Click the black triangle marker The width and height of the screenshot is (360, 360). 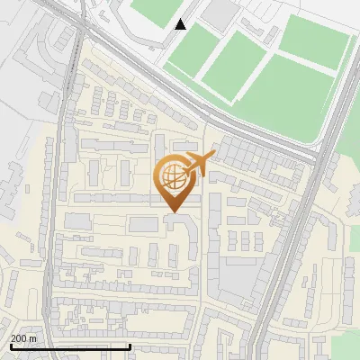point(181,24)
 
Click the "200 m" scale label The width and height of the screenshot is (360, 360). point(23,338)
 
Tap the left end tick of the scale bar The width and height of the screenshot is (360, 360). point(11,345)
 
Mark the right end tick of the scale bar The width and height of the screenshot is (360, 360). point(130,345)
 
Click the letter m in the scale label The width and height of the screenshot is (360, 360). point(32,338)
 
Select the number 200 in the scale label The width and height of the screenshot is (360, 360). point(19,338)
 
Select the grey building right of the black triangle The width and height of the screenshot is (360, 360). point(220,13)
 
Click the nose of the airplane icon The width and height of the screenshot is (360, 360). point(212,157)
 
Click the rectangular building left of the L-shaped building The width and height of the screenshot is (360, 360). point(144,224)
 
